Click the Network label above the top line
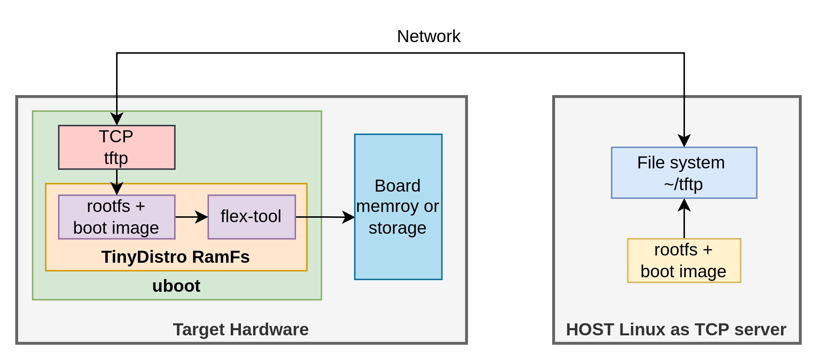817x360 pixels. (x=428, y=36)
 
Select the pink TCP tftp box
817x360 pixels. (x=116, y=147)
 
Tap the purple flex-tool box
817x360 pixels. (x=251, y=217)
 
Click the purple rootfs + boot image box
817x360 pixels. (x=116, y=217)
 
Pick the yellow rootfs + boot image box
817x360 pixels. (x=684, y=260)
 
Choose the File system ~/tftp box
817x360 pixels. (x=684, y=173)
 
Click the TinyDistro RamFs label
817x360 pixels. (x=176, y=257)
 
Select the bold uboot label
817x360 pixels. (x=176, y=286)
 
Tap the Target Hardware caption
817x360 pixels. (x=241, y=330)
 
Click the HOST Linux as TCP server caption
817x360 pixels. (x=676, y=330)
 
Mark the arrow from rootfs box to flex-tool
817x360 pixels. (x=191, y=217)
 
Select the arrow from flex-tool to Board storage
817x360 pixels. (x=325, y=217)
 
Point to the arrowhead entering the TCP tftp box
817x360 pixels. (x=117, y=119)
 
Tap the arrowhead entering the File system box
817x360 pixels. (x=684, y=141)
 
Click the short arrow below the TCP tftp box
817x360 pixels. (x=117, y=182)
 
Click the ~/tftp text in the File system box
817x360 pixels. (x=683, y=184)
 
